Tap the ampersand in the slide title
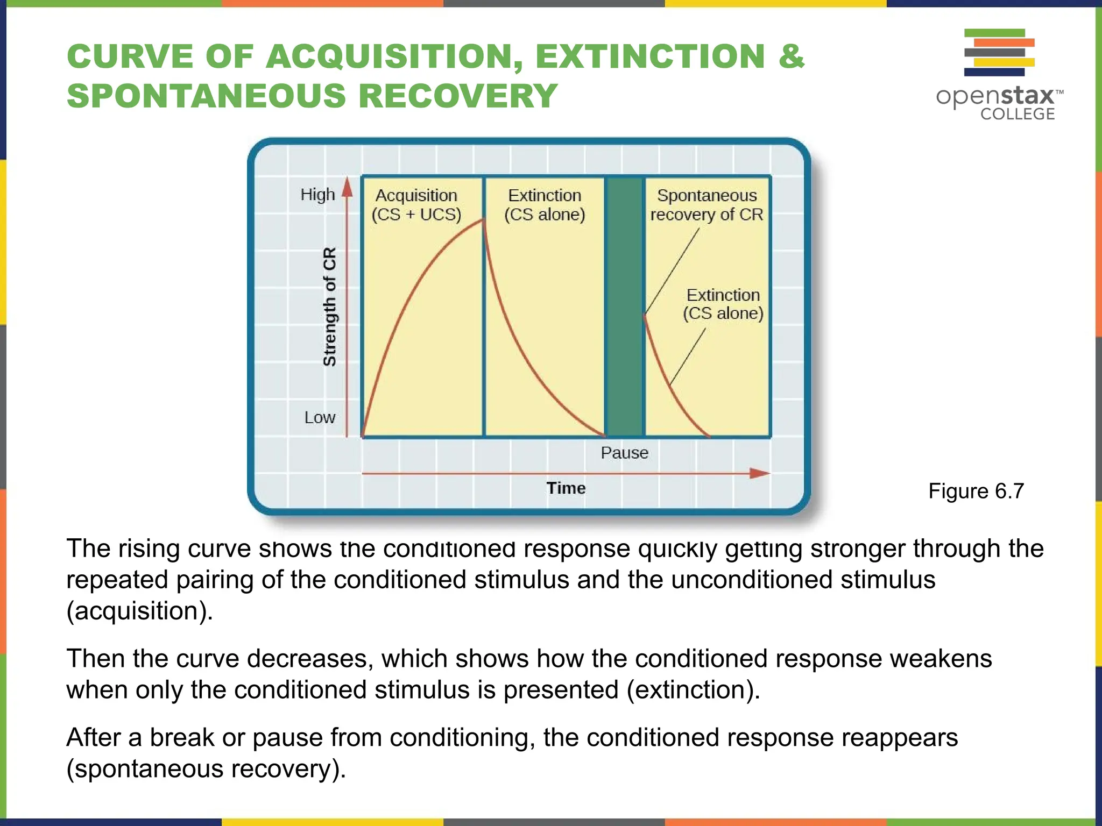tap(791, 56)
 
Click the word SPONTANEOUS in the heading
tap(207, 96)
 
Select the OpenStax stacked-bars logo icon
tap(999, 52)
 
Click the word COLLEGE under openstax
tap(1017, 114)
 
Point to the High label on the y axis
tap(317, 194)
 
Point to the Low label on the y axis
tap(320, 417)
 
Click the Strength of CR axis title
tap(329, 307)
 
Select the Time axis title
tap(566, 488)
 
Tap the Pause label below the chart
tap(624, 453)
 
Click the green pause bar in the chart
tap(624, 307)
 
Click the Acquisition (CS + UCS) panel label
tap(416, 205)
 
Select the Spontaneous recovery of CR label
tap(707, 205)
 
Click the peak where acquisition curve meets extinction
tap(484, 219)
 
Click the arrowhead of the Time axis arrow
tap(760, 473)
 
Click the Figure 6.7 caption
tap(976, 491)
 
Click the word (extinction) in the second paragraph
tap(693, 690)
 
